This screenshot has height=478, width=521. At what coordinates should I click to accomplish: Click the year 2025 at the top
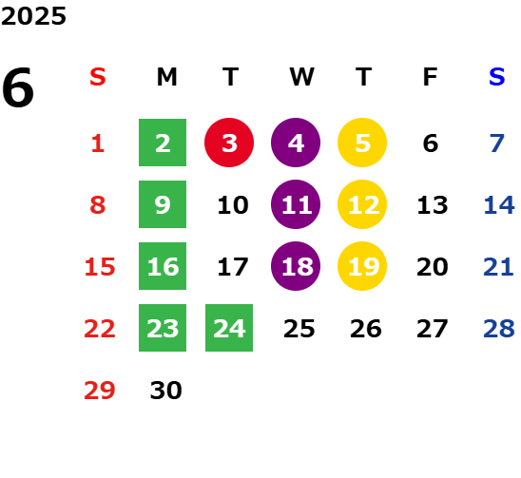tap(33, 16)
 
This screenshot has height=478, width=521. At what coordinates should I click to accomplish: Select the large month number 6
tap(18, 87)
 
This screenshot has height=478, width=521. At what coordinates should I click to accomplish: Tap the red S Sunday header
tap(98, 77)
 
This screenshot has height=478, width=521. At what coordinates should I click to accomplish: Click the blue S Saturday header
tap(496, 77)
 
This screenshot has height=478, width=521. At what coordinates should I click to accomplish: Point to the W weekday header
tap(301, 77)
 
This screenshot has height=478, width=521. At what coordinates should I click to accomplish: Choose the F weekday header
tap(431, 77)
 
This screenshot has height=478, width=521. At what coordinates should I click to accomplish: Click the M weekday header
tap(166, 77)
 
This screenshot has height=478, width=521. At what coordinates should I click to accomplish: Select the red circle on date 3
tap(229, 143)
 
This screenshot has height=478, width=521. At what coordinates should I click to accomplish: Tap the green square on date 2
tap(163, 143)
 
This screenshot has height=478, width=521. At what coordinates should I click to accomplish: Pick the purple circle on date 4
tap(296, 143)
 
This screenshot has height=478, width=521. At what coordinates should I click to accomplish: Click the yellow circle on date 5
tap(362, 143)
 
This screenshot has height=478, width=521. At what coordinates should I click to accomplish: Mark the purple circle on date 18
tap(296, 266)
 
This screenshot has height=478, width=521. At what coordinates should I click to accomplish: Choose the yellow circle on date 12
tap(362, 204)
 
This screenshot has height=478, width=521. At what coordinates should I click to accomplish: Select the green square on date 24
tap(229, 328)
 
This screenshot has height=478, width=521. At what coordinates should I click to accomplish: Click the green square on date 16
tap(163, 266)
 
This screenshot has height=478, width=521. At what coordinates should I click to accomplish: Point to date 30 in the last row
tap(165, 390)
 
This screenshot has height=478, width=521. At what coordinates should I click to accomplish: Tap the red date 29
tap(99, 390)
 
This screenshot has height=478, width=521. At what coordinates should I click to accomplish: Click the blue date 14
tap(499, 204)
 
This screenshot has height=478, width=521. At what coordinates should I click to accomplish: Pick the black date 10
tap(233, 204)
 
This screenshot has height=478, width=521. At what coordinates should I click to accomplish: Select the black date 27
tap(433, 329)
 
